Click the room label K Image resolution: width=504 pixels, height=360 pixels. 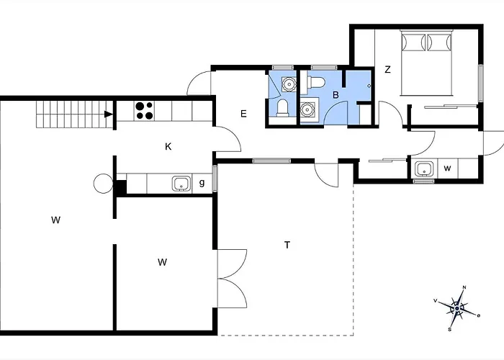pos(168,147)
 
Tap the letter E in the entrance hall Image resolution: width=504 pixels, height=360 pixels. pos(243,114)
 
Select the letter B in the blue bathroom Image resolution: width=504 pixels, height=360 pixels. pos(336,95)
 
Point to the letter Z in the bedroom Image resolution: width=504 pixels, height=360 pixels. pos(387,70)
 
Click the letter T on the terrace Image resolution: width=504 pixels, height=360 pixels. pos(287,246)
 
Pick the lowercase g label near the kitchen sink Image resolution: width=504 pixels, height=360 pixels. pos(202,183)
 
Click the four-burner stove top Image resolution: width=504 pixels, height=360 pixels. pos(144,111)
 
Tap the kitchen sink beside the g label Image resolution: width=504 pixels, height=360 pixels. pos(181,184)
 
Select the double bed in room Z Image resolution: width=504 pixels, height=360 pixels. pos(426,63)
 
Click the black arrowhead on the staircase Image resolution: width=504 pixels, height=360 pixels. pos(109,114)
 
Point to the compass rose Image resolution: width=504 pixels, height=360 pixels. pos(457,309)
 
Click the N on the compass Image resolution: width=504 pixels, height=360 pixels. pos(464,287)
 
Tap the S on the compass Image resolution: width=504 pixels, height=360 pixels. pos(450,330)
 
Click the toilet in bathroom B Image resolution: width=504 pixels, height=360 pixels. pos(316,82)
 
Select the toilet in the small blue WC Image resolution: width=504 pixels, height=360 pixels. pos(282,108)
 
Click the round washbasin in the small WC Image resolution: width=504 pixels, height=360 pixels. pos(289,84)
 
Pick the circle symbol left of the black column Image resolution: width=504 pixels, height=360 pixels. pos(103,184)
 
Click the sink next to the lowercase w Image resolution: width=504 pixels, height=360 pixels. pos(424,169)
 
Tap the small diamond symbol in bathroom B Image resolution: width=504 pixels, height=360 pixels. pos(369,86)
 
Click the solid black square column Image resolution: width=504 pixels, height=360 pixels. pos(121,187)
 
